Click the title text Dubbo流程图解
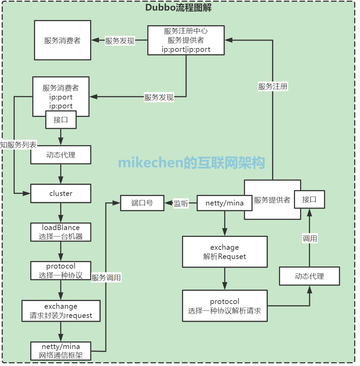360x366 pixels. point(178,8)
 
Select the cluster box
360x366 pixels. point(61,194)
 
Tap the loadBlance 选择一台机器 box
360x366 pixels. point(61,232)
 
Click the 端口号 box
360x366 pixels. point(142,203)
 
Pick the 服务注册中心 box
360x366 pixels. point(186,40)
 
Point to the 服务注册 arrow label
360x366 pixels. point(273,87)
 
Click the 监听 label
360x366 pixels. point(181,203)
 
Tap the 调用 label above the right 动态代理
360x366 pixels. point(310,239)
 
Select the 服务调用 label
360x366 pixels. point(106,278)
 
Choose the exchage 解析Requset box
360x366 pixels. point(225,252)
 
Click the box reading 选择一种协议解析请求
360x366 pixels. point(225,306)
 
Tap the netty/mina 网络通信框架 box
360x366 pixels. point(61,351)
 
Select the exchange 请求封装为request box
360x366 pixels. point(61,311)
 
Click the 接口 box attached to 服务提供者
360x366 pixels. point(309,200)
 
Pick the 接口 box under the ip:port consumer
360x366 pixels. point(61,120)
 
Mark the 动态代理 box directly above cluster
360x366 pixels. point(61,155)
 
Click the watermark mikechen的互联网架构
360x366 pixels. point(192,163)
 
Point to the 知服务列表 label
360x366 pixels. point(18,144)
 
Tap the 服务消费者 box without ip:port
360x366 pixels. point(62,40)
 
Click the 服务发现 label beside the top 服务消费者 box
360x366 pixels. point(119,41)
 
